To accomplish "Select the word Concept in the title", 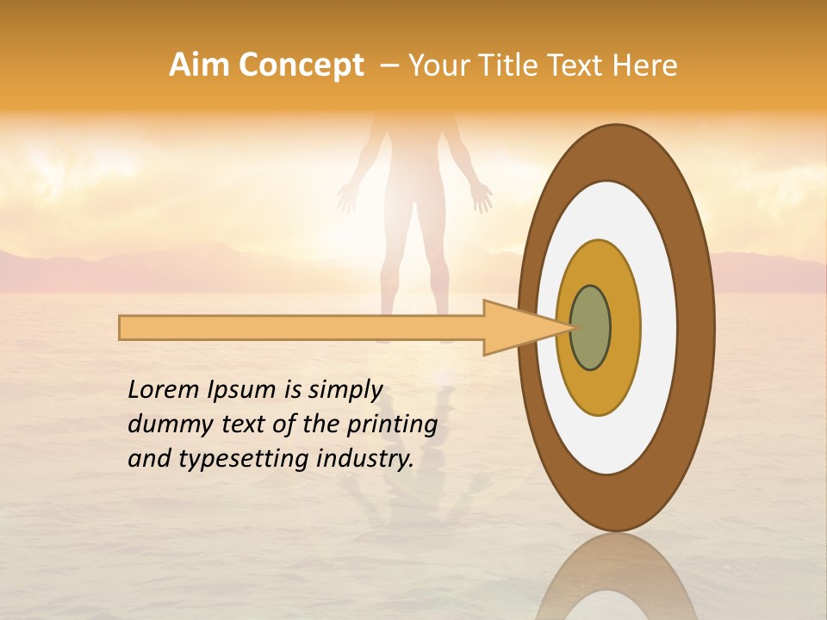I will point(301,66).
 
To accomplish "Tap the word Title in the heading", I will point(509,65).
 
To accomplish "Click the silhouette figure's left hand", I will point(347,197).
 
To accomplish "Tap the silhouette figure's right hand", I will point(481,197).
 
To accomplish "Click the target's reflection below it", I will point(616,581).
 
